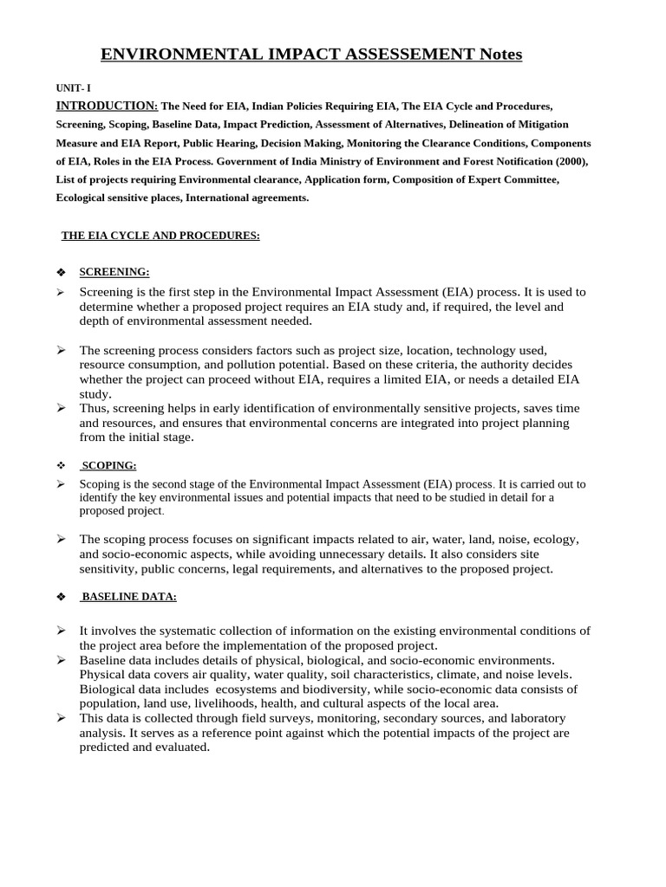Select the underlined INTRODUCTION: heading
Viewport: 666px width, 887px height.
tap(107, 106)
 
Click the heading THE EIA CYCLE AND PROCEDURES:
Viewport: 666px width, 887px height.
tap(160, 236)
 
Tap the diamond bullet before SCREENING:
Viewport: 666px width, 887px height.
tap(61, 272)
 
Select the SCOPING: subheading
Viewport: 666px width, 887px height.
tap(109, 465)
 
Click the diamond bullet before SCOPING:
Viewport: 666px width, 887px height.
tap(61, 466)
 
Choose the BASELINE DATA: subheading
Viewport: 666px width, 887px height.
tap(128, 597)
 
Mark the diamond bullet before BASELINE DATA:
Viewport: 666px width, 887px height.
tap(61, 598)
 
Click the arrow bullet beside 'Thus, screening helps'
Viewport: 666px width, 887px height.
tap(62, 407)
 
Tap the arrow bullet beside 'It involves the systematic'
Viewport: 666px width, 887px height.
tap(62, 630)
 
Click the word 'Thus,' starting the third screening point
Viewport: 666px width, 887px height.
tap(95, 408)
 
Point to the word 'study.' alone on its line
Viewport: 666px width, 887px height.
tap(95, 393)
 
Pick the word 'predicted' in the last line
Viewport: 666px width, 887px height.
tap(108, 748)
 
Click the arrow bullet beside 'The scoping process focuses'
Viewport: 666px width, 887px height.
tap(62, 539)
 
